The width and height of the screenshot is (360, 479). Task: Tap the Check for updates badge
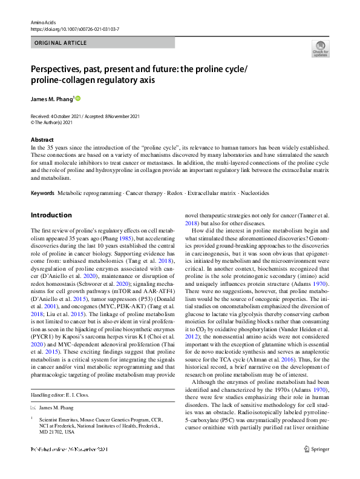point(320,50)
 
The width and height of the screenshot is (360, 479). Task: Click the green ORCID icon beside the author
point(77,97)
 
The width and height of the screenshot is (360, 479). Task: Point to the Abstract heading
point(42,139)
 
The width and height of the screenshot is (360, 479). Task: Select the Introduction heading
point(51,214)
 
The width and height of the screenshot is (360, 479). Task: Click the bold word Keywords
point(42,193)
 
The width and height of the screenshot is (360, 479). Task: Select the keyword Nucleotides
point(254,193)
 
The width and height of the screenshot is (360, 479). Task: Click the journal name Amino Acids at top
point(42,21)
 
